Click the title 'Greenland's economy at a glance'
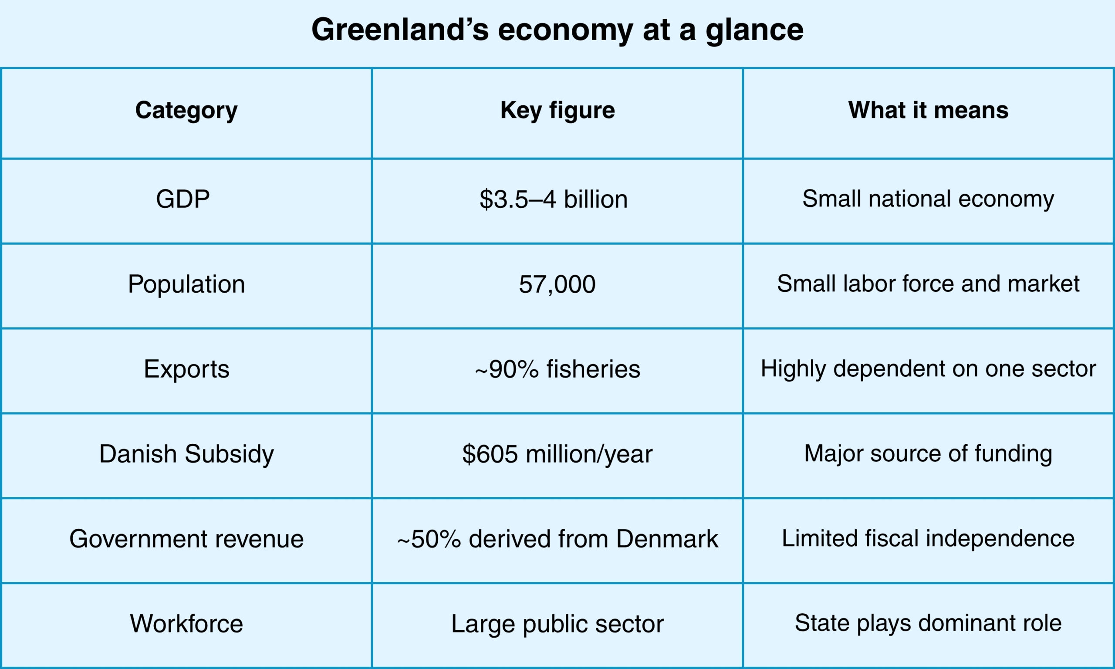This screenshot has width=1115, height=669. coord(557,30)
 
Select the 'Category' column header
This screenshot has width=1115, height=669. coord(186,111)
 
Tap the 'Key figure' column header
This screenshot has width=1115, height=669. coord(557,111)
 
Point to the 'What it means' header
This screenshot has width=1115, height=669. coord(929,110)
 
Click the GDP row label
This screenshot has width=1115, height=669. coord(183,199)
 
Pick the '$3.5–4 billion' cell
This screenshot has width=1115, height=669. coord(554,199)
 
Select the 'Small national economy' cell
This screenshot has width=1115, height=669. coord(929,199)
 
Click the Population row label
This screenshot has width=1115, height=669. coord(186,284)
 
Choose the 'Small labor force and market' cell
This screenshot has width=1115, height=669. coord(929,284)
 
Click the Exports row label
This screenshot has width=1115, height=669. coord(186,370)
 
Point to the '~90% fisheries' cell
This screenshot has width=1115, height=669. coord(557,369)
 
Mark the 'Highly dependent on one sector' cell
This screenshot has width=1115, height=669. coord(929,369)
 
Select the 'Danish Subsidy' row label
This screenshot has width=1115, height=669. coord(186,454)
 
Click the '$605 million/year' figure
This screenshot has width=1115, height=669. coord(557,454)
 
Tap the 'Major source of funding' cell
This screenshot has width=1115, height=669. coord(929,454)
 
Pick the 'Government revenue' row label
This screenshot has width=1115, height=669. coord(186,539)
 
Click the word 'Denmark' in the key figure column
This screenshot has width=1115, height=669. coord(667,539)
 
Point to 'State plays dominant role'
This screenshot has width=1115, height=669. coord(929,623)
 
